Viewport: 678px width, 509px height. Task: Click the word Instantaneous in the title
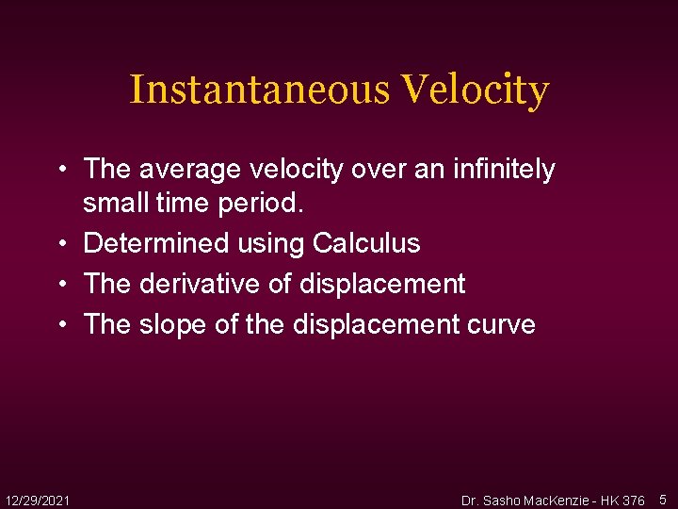[x=259, y=90]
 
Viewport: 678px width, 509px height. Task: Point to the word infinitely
[x=506, y=170]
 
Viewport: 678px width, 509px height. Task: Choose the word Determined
[x=155, y=243]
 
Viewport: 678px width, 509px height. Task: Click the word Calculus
[x=366, y=243]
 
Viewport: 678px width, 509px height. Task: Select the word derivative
[x=197, y=284]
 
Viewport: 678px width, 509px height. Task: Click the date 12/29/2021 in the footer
[x=37, y=499]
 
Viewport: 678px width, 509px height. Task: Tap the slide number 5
[x=663, y=499]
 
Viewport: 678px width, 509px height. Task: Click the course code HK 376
[x=622, y=500]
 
